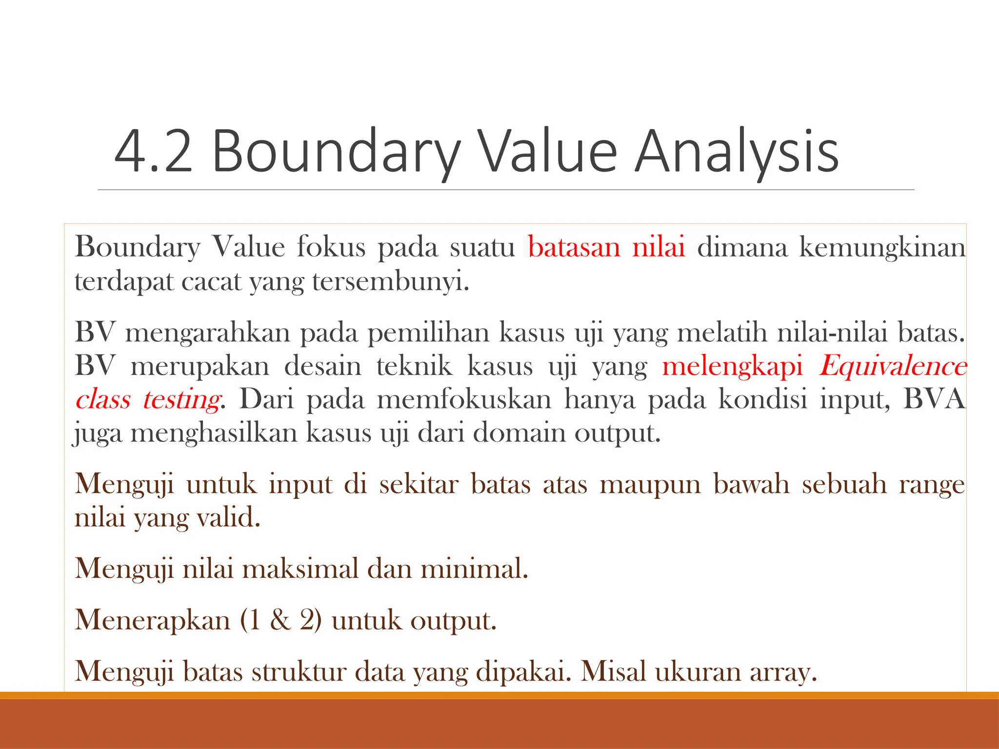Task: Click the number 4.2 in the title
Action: (x=153, y=152)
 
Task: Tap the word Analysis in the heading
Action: (x=737, y=152)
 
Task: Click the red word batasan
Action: (x=574, y=247)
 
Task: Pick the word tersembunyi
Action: (x=390, y=282)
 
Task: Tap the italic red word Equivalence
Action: (x=893, y=366)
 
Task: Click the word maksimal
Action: (x=300, y=569)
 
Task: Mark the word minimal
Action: (x=474, y=569)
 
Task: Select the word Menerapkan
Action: (x=152, y=620)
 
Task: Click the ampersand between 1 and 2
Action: (x=280, y=620)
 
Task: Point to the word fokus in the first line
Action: (x=331, y=247)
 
